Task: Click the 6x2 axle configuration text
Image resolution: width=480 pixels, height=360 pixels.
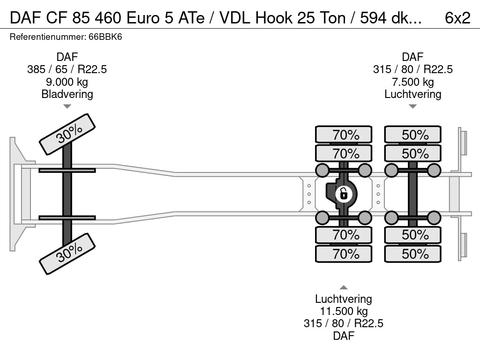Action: tap(457, 17)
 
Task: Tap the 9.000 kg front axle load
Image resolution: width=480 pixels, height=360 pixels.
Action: tap(67, 82)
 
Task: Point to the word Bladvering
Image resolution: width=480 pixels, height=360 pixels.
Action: tap(67, 94)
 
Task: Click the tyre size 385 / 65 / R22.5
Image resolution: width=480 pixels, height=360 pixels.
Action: tap(67, 69)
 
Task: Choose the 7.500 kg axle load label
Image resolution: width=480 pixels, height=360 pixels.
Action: tap(412, 82)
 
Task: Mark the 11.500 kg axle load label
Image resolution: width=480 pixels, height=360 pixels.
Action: tap(344, 311)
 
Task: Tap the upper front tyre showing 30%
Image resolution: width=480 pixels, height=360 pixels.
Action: tap(67, 134)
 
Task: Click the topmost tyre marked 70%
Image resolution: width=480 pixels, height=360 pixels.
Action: tap(344, 135)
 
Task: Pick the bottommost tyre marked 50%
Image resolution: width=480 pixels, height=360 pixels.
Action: tap(413, 254)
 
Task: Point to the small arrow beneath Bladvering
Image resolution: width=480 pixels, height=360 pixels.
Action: tap(67, 107)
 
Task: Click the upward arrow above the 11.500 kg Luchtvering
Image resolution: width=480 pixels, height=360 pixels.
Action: tap(344, 287)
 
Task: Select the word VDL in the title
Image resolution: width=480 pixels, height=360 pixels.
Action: tap(239, 17)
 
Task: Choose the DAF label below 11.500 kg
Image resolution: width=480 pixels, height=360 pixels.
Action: tap(344, 336)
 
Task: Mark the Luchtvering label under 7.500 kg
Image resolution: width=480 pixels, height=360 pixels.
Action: tap(412, 94)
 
